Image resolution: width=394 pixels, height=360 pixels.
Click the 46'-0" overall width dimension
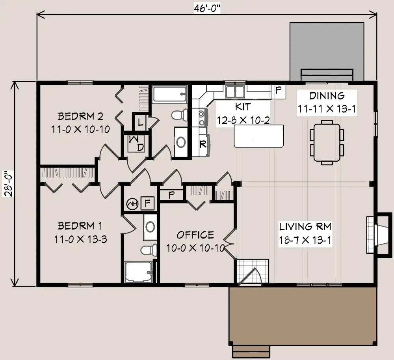tap(207, 8)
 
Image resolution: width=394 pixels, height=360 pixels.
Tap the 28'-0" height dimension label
tap(8, 183)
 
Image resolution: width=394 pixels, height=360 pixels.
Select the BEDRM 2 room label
tap(80, 116)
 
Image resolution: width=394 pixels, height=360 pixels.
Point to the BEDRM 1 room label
tap(80, 226)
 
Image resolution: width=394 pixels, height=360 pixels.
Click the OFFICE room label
tap(195, 235)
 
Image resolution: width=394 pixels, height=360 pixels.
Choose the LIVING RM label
tap(305, 226)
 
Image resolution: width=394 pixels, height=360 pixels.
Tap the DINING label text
tap(327, 95)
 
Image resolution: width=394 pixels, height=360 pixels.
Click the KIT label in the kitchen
tap(243, 107)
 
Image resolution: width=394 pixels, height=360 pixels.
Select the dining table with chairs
tap(327, 143)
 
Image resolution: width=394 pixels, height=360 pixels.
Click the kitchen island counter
tap(259, 136)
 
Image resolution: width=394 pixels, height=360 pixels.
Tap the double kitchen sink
tap(235, 91)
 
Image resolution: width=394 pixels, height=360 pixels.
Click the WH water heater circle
tap(132, 203)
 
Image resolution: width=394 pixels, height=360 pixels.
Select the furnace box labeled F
tap(147, 203)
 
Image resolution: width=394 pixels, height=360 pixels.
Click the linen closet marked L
tap(141, 122)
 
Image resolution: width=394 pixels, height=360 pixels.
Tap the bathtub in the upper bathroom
tap(169, 94)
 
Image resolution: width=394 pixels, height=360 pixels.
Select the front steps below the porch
tap(251, 352)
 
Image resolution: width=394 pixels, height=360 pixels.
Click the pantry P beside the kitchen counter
tap(279, 91)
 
